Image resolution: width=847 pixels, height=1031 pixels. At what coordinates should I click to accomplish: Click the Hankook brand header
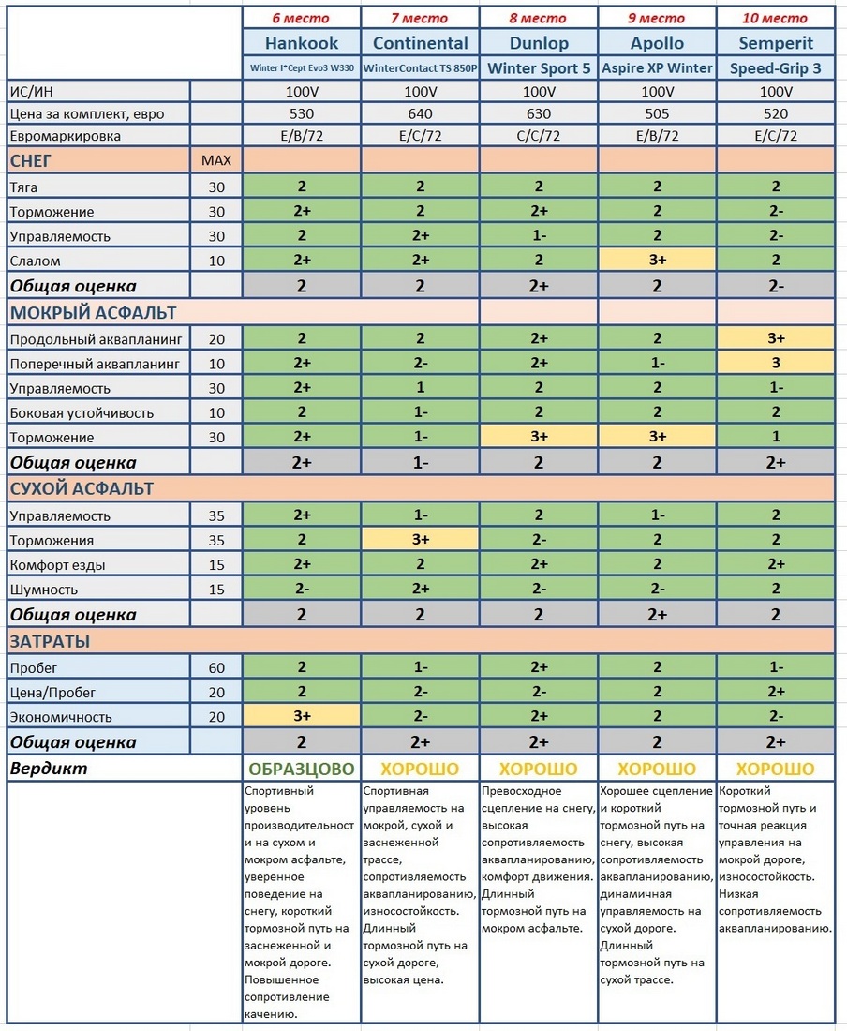[302, 43]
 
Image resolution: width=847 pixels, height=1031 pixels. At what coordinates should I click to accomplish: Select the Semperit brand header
[776, 43]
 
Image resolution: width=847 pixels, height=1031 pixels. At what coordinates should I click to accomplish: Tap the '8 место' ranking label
[539, 18]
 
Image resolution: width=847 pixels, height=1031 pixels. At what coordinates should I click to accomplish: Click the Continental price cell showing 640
[420, 114]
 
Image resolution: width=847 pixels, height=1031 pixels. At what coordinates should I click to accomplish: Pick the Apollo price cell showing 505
[657, 114]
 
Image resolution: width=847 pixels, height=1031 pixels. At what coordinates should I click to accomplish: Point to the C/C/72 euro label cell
[539, 136]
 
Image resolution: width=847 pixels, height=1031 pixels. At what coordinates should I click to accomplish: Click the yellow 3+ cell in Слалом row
[657, 261]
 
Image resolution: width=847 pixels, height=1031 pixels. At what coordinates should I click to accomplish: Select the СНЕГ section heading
[31, 160]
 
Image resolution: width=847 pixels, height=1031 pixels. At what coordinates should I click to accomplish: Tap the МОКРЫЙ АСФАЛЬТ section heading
[93, 312]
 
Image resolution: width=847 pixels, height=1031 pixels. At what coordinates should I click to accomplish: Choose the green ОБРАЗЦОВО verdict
[302, 769]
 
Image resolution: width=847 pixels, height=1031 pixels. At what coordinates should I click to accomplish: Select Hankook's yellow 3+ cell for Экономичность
[302, 717]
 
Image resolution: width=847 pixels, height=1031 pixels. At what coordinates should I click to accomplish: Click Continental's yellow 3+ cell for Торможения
[420, 540]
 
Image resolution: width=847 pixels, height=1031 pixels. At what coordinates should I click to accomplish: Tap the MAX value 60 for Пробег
[216, 667]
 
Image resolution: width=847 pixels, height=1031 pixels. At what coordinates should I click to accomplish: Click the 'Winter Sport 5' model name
[539, 67]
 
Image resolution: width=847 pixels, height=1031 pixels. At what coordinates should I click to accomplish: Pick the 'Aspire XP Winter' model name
[657, 67]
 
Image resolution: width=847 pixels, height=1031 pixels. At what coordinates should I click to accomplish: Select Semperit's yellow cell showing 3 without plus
[776, 363]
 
